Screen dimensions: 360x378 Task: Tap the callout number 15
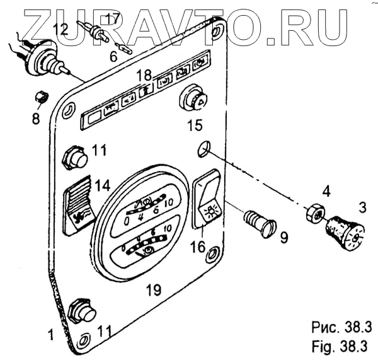click(195, 125)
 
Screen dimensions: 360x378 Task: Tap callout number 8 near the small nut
click(37, 117)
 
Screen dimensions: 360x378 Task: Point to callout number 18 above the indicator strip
click(144, 75)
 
